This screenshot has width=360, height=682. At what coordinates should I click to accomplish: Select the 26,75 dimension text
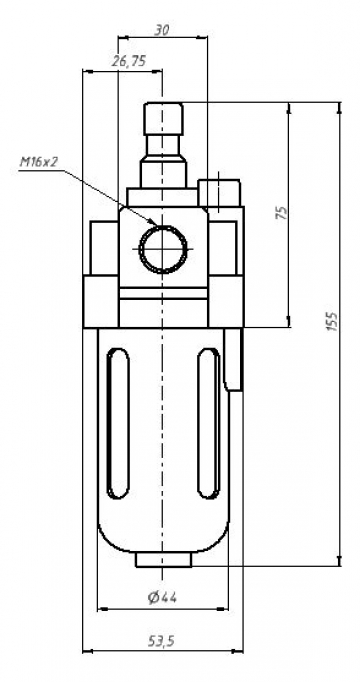point(129,62)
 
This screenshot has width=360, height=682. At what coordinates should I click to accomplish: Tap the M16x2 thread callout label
point(39,161)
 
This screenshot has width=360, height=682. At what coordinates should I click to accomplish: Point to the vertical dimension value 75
point(282,213)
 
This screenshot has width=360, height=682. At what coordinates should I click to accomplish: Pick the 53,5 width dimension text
point(161,640)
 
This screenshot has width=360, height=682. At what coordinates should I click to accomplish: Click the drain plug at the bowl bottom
point(162,560)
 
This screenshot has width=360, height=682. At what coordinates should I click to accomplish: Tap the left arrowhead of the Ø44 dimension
point(100,608)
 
